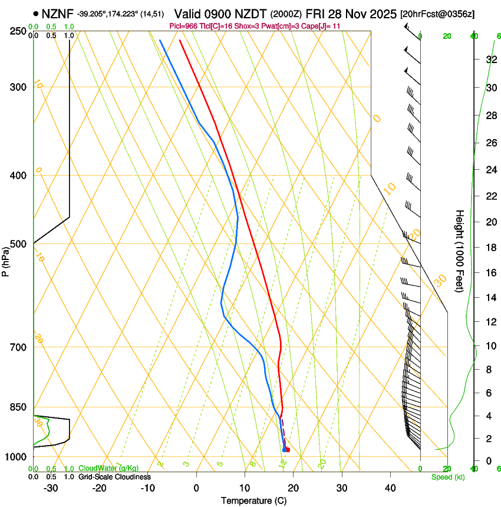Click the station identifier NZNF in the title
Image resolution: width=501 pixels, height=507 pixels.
click(58, 13)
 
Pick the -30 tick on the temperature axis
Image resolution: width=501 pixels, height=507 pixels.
click(51, 488)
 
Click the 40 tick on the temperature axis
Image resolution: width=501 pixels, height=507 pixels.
click(390, 488)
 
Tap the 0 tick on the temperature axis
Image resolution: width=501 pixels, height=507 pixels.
click(196, 488)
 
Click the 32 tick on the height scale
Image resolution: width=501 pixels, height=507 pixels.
click(490, 59)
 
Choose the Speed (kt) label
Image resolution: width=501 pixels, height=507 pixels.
click(447, 477)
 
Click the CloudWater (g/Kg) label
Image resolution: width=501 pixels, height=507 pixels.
click(108, 469)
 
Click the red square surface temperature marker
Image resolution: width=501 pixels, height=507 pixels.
click(288, 450)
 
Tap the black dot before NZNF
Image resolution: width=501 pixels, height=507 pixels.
click(37, 13)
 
